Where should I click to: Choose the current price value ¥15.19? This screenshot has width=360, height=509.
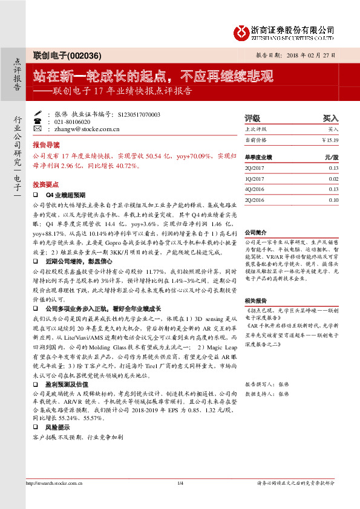pos(330,140)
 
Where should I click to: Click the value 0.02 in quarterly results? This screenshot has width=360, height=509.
pos(333,179)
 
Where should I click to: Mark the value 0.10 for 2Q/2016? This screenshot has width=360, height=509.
pos(333,199)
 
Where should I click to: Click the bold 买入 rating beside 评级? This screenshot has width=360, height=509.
pos(330,118)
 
